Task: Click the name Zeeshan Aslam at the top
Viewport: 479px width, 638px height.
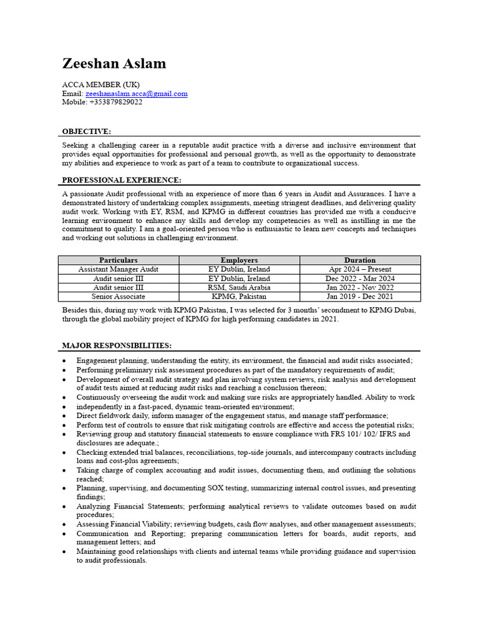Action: click(x=114, y=64)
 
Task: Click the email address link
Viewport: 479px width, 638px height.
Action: click(x=136, y=93)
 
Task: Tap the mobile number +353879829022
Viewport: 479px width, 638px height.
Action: click(x=115, y=102)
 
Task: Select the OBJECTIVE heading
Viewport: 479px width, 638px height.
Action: click(x=87, y=131)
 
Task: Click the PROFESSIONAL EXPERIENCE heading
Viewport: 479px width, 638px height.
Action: click(x=122, y=180)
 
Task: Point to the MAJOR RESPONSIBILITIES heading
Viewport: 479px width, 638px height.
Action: click(x=117, y=346)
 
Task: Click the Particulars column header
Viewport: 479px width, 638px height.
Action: click(x=119, y=260)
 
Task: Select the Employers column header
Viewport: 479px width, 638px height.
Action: click(x=239, y=260)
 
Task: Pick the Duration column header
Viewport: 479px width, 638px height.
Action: click(x=360, y=260)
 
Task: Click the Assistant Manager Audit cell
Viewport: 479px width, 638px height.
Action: click(x=119, y=269)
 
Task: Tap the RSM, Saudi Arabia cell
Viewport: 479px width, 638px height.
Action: click(x=239, y=288)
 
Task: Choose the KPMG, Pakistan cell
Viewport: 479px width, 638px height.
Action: click(x=239, y=297)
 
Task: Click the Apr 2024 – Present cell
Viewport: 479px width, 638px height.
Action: click(x=360, y=269)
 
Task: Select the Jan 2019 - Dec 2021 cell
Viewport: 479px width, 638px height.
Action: click(x=360, y=297)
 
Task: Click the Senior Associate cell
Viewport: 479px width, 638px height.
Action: click(x=119, y=297)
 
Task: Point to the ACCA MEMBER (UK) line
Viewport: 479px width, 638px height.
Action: click(x=101, y=85)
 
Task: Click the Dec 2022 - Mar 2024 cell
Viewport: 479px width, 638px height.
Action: click(x=360, y=279)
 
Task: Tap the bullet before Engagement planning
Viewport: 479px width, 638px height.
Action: click(x=65, y=361)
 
